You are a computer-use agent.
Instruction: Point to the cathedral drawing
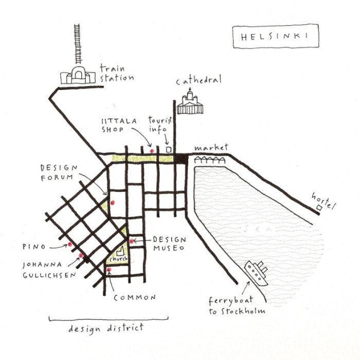(190, 102)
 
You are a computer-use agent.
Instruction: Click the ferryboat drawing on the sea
(256, 273)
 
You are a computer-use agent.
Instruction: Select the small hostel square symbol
(320, 207)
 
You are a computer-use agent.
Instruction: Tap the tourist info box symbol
(168, 149)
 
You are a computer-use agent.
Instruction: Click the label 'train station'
(117, 73)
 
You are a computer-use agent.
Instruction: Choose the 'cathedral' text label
(199, 81)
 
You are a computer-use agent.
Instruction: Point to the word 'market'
(211, 148)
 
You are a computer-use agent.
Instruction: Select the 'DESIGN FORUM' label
(58, 172)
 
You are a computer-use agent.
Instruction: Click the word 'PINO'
(32, 246)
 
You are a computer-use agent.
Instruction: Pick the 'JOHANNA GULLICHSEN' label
(49, 270)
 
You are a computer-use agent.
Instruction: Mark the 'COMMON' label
(135, 297)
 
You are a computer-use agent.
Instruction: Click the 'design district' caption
(106, 328)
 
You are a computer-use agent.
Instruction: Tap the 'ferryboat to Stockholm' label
(237, 306)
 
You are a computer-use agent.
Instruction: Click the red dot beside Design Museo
(132, 241)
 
